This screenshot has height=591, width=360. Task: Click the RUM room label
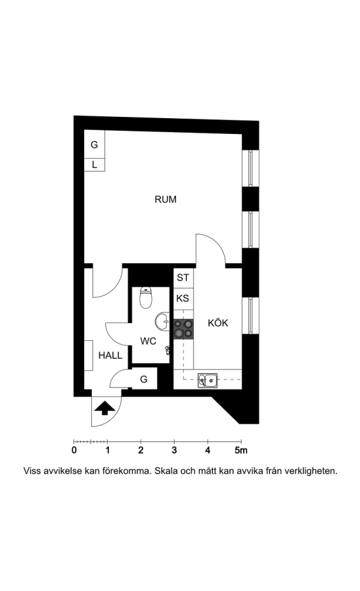166,200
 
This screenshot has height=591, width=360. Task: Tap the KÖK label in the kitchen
218,322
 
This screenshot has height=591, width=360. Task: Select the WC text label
148,341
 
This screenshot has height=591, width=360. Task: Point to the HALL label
110,355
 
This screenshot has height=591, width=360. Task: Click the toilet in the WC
145,297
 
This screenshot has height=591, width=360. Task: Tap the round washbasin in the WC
162,322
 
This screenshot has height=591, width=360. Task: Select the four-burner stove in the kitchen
183,329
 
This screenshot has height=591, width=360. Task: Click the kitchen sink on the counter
208,380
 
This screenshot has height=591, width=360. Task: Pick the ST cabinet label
183,278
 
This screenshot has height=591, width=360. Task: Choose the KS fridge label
183,299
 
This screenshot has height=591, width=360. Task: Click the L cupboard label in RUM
95,165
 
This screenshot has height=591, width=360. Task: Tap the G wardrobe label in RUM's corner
94,144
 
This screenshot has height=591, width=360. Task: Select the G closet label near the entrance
144,379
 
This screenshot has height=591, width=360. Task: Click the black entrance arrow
104,408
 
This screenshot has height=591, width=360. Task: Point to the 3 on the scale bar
174,450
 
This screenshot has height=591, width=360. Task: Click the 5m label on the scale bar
241,450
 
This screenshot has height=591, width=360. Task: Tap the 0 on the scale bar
74,450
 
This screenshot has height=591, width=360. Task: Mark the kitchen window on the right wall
250,316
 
